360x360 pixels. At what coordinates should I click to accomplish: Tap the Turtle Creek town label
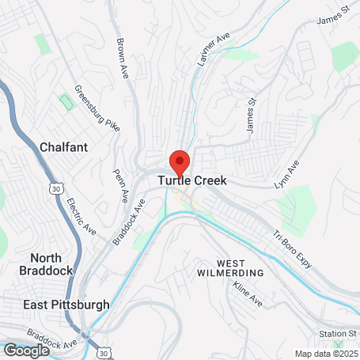point(192,181)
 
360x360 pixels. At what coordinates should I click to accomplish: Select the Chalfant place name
point(63,147)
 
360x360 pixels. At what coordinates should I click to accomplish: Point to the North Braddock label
point(51,263)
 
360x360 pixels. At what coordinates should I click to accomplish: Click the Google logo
point(26,350)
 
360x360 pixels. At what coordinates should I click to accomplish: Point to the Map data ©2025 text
point(325,354)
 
